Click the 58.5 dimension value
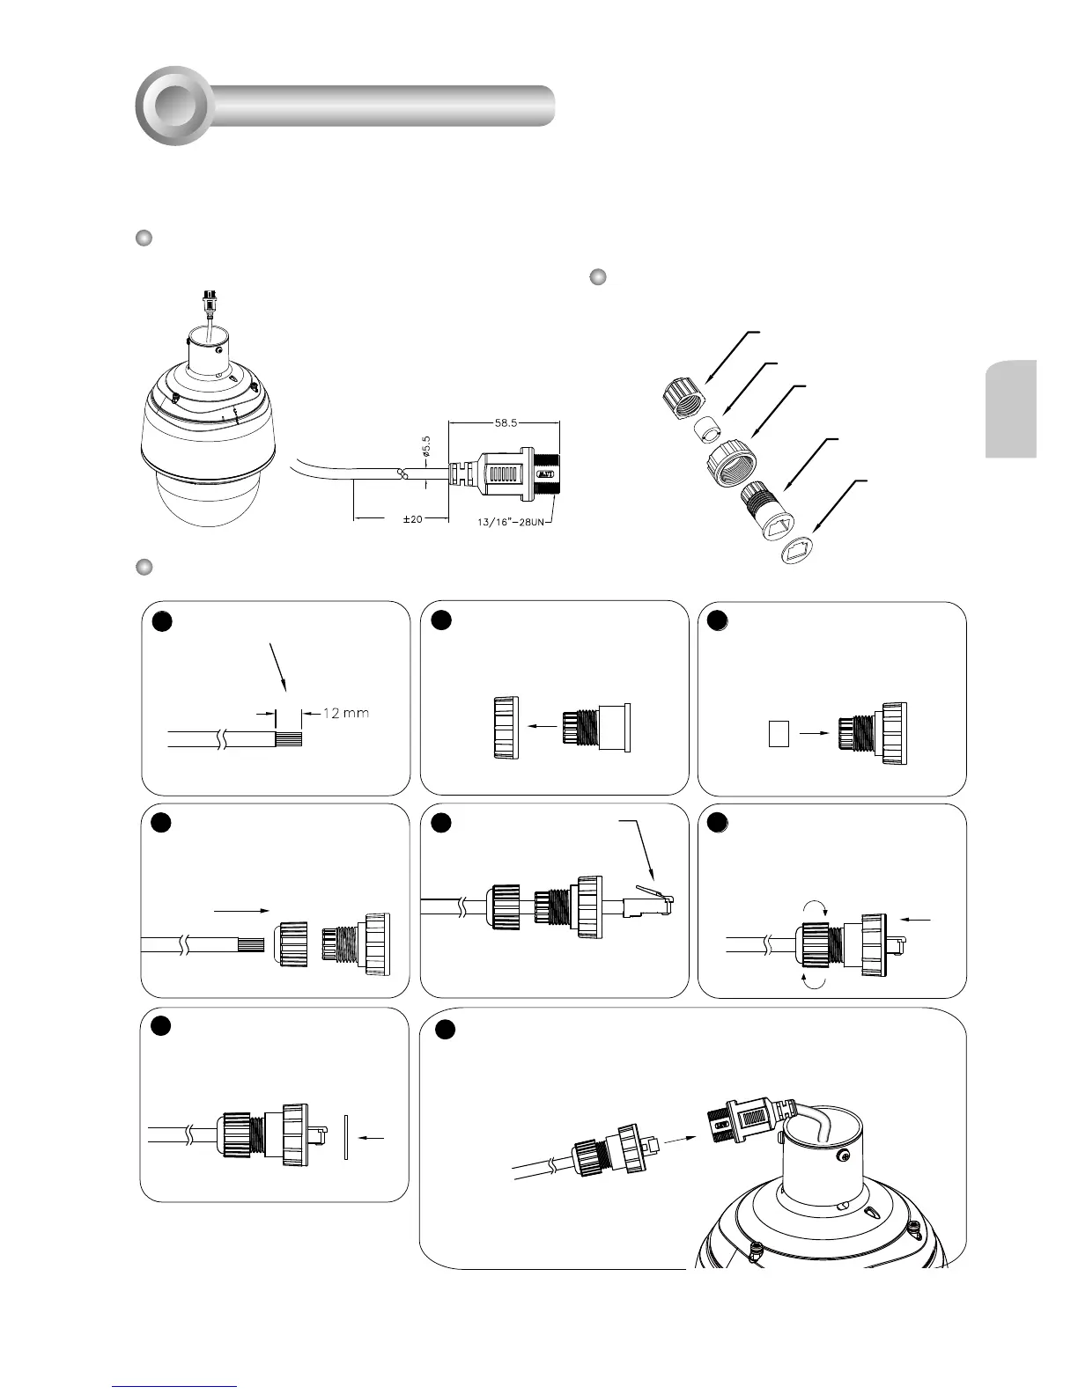(x=506, y=422)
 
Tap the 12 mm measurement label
(x=346, y=713)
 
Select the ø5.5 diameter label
(x=426, y=447)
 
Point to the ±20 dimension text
(x=412, y=519)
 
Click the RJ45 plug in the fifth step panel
(x=646, y=901)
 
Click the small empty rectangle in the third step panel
(x=778, y=734)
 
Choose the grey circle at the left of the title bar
(x=174, y=106)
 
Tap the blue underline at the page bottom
(x=175, y=1387)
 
